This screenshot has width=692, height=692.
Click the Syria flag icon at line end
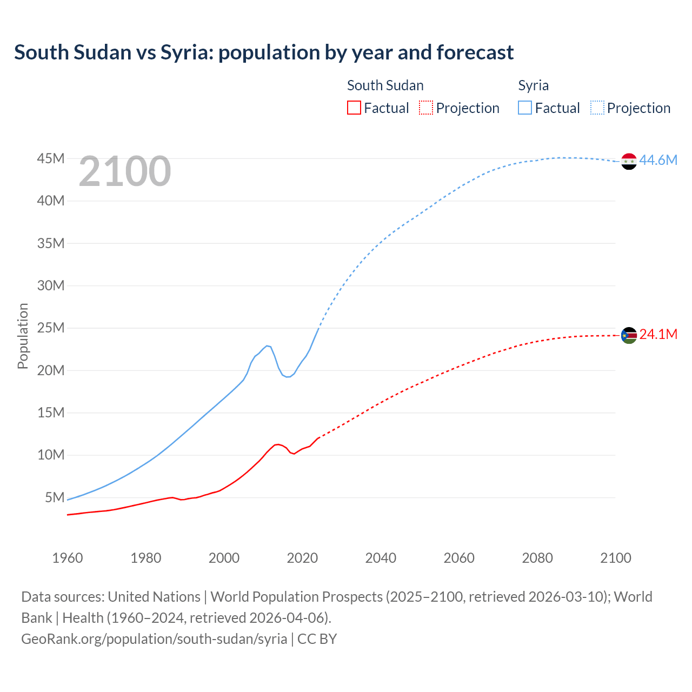[x=629, y=161]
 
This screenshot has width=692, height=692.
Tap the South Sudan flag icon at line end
[x=629, y=336]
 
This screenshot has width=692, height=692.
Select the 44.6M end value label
[x=658, y=160]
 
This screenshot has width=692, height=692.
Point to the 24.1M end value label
[x=658, y=334]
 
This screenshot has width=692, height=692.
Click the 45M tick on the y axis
[x=51, y=158]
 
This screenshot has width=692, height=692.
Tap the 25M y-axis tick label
[x=51, y=328]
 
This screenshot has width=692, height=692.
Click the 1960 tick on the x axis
[x=68, y=558]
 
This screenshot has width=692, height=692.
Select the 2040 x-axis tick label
[x=381, y=558]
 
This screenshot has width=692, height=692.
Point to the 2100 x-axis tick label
[x=615, y=558]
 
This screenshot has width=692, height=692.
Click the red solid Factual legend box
[x=354, y=108]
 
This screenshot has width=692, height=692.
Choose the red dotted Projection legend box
[x=425, y=108]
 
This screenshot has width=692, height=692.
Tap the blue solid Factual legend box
[x=524, y=108]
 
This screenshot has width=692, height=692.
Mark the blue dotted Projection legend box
[x=597, y=108]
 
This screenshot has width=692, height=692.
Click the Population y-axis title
[x=23, y=336]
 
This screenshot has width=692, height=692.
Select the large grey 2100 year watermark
[x=125, y=171]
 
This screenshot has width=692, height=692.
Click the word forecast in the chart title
[x=475, y=52]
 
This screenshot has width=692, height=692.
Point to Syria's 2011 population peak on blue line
[x=267, y=345]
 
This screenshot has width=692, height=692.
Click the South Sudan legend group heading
[x=385, y=85]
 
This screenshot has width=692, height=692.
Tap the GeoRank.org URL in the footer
[x=154, y=638]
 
